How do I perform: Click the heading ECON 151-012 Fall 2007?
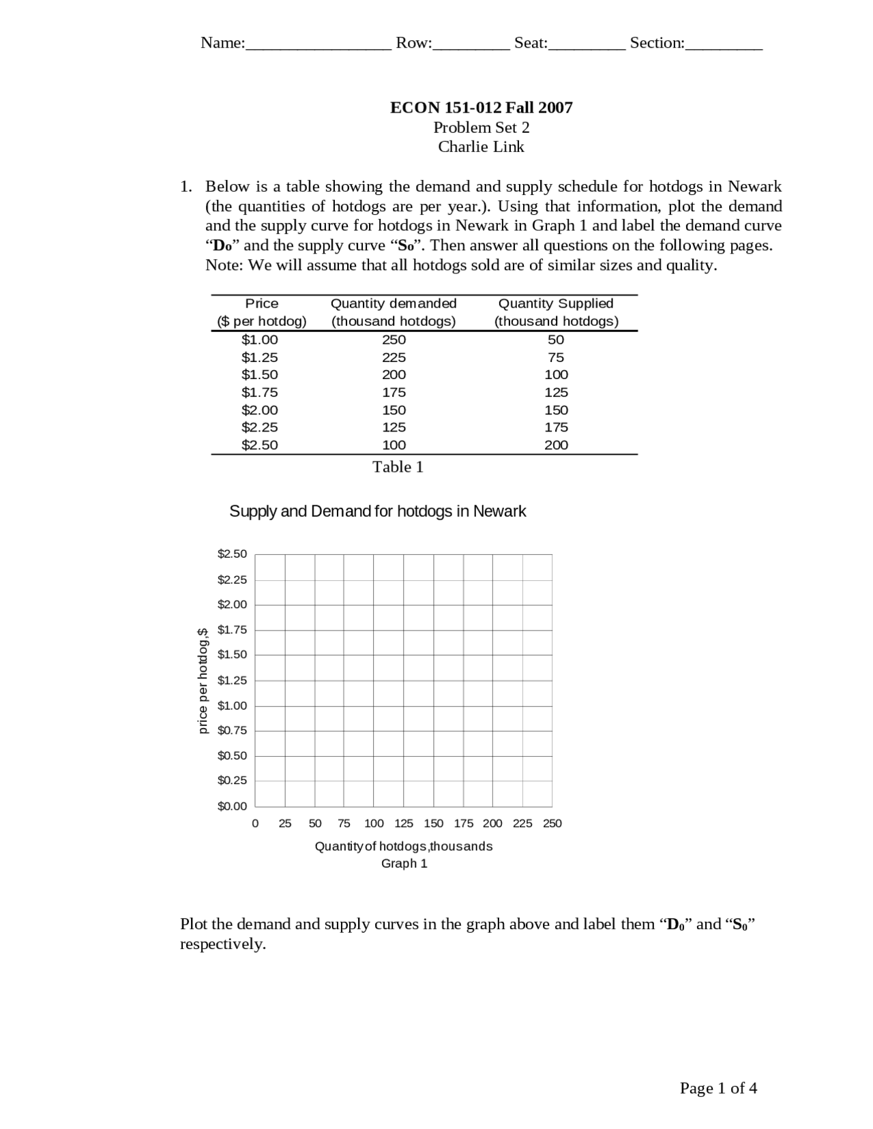(x=481, y=107)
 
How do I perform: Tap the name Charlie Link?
(x=481, y=147)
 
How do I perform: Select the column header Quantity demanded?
(x=394, y=303)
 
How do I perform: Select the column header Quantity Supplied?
(x=556, y=303)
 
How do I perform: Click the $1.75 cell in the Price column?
(x=260, y=392)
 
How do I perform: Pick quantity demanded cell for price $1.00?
(x=394, y=340)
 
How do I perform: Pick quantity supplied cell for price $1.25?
(x=556, y=357)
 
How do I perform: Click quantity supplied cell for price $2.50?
(x=556, y=445)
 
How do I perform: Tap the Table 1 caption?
(x=398, y=467)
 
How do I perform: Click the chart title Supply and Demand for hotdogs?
(x=377, y=511)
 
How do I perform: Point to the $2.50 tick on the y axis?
(x=232, y=554)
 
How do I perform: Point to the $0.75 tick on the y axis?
(x=232, y=730)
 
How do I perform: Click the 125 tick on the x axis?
(x=404, y=824)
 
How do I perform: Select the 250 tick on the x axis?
(x=552, y=824)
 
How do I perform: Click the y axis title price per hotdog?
(x=203, y=680)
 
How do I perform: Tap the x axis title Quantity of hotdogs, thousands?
(x=403, y=846)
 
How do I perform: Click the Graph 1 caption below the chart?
(x=404, y=864)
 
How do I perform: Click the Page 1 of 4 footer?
(x=718, y=1088)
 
